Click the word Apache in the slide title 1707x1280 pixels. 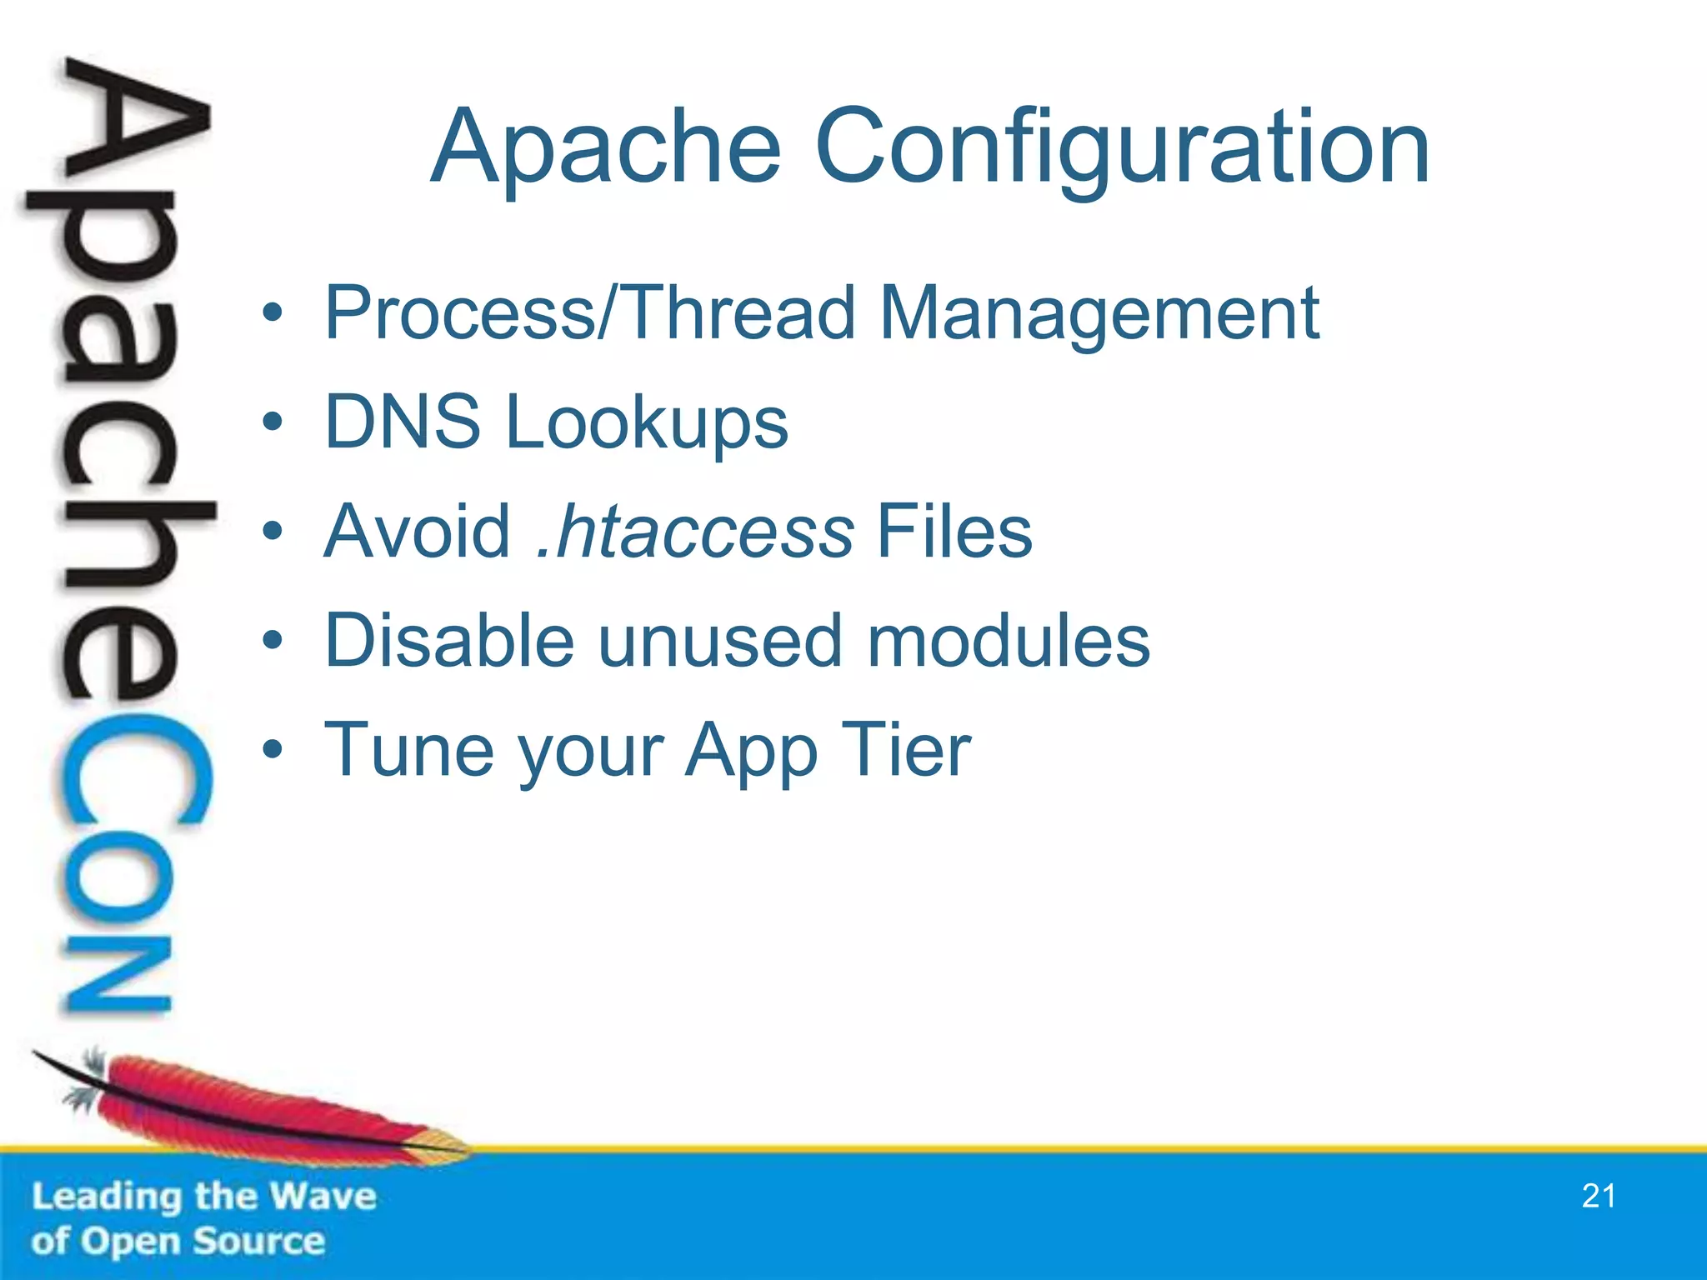tap(606, 148)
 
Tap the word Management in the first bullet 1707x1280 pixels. tap(1100, 314)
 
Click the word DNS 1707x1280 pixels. tap(403, 422)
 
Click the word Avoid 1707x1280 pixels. tap(417, 532)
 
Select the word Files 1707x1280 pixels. tap(954, 532)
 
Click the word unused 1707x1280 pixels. tap(720, 641)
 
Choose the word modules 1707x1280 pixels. tap(1009, 641)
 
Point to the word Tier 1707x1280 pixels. tap(906, 750)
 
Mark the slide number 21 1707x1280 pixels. tap(1599, 1196)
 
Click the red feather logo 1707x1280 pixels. tap(250, 1108)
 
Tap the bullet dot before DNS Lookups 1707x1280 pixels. tap(273, 422)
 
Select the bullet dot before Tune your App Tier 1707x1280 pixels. tap(273, 750)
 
